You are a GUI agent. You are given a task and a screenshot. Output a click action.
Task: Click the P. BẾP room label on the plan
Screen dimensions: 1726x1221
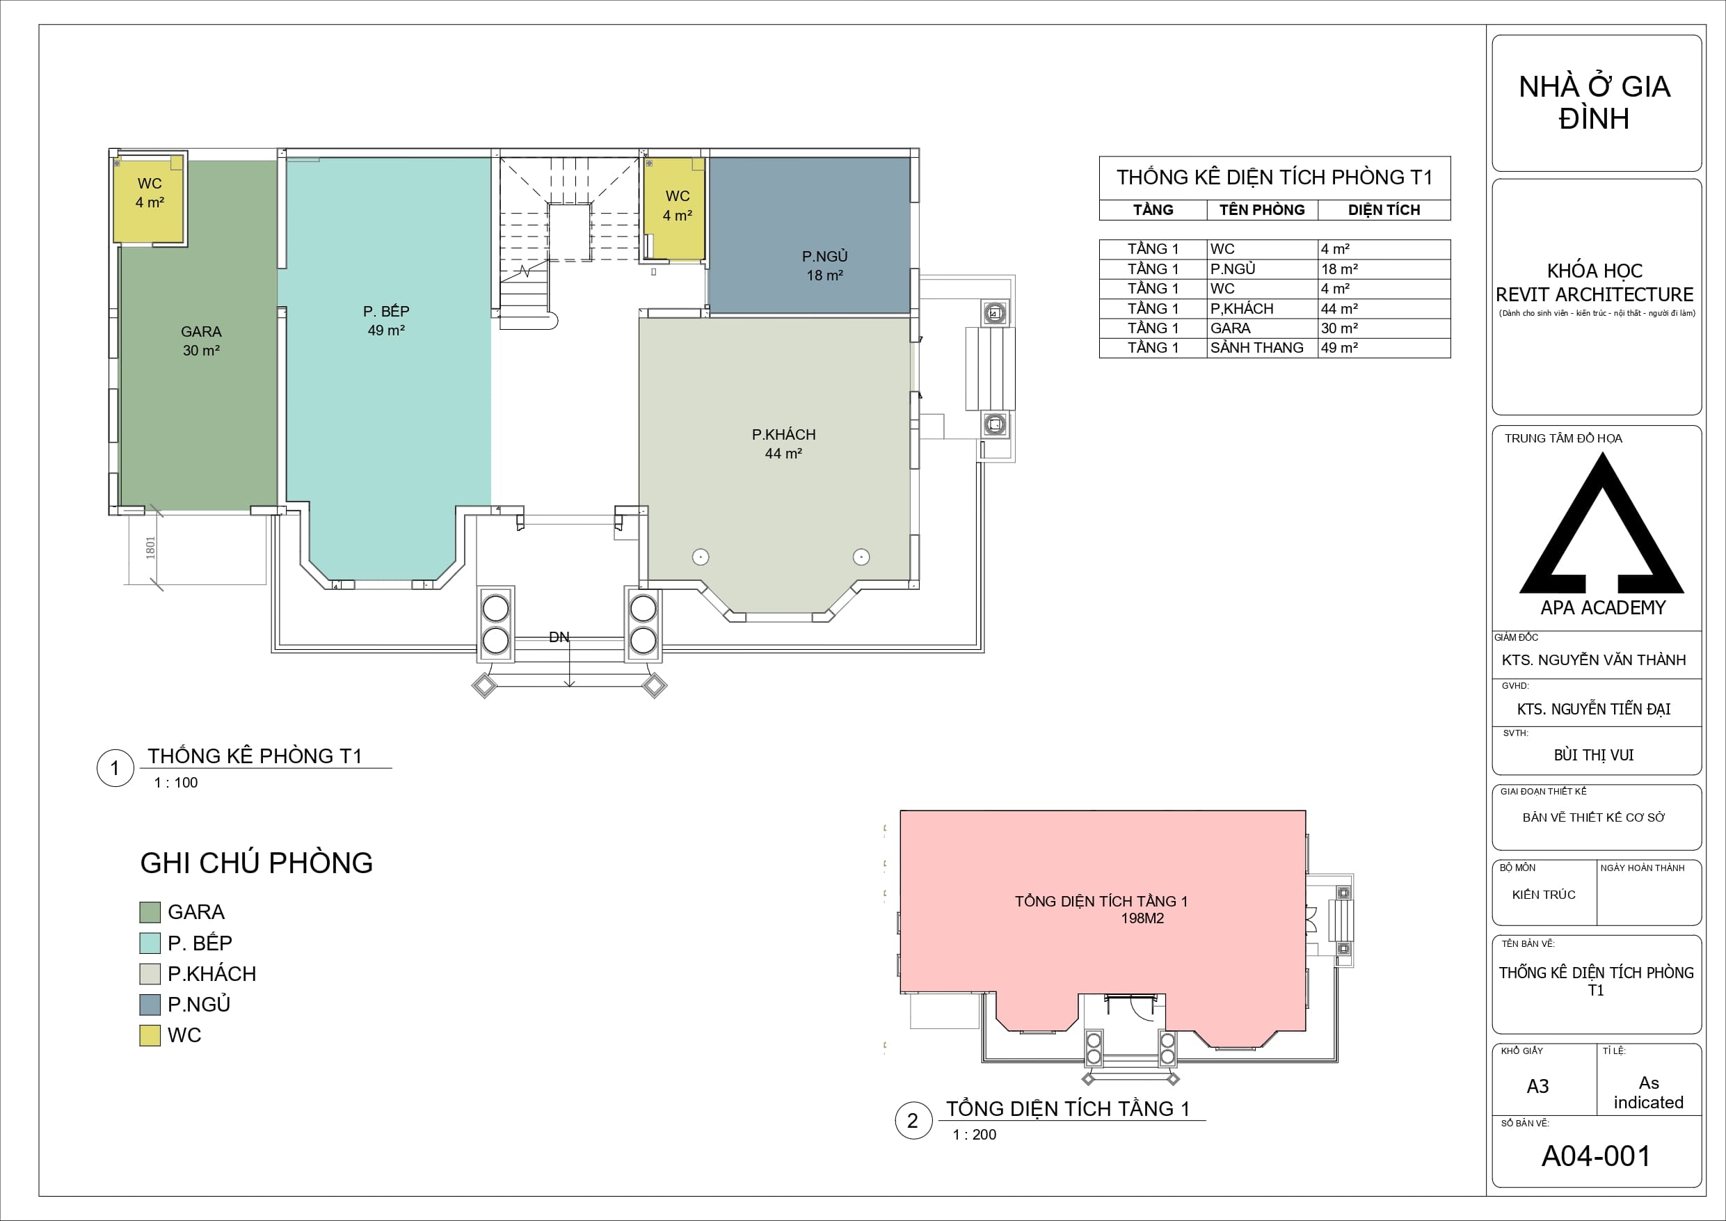[x=386, y=311]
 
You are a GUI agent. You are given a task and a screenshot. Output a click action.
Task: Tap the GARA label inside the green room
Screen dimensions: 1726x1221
[x=202, y=332]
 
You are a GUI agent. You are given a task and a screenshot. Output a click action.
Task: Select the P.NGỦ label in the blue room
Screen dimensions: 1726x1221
[x=824, y=257]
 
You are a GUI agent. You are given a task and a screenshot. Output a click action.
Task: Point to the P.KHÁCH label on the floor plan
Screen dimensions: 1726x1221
[x=783, y=435]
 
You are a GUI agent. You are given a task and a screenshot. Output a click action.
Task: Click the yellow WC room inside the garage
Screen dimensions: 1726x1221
[x=149, y=200]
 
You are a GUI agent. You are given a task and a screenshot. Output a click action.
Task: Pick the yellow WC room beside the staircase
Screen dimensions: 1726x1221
[x=675, y=208]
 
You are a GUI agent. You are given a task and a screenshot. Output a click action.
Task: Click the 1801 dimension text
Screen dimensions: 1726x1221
[x=150, y=548]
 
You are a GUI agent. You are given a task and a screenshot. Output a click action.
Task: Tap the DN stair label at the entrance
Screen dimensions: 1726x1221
[x=559, y=637]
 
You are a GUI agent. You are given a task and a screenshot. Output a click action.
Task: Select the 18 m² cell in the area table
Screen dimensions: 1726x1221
[x=1340, y=269]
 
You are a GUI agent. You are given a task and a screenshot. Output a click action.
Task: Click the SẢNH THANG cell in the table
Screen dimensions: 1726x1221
[x=1257, y=348]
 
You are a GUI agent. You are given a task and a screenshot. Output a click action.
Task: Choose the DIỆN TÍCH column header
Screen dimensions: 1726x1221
[x=1384, y=211]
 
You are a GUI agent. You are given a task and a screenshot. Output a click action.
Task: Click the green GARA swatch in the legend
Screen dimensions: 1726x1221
[x=150, y=912]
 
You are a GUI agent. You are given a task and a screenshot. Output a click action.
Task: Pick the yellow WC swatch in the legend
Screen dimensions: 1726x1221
[x=150, y=1035]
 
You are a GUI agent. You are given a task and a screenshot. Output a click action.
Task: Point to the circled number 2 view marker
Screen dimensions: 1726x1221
[x=913, y=1121]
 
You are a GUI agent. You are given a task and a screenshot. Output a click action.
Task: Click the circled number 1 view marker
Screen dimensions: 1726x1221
[x=115, y=767]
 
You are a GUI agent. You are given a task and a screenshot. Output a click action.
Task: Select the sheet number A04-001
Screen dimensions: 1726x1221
[x=1596, y=1156]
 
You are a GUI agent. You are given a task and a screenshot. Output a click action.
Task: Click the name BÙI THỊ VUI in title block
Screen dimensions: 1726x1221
[x=1594, y=755]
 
